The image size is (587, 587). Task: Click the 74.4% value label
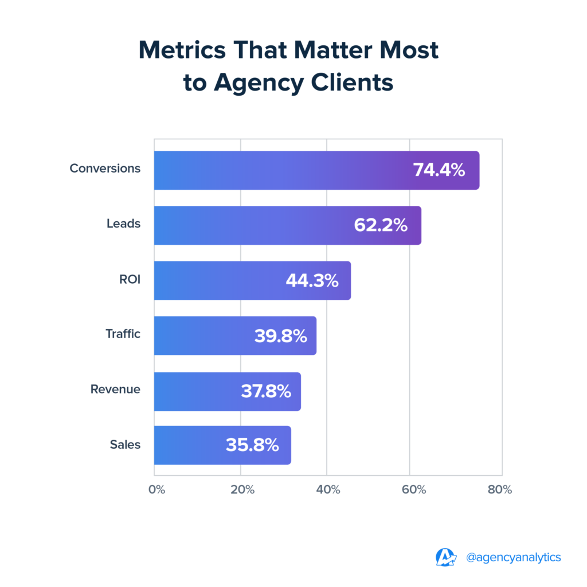tap(439, 170)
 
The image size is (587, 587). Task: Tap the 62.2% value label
tap(381, 225)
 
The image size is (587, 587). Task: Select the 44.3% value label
tap(312, 281)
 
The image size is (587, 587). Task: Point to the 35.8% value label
tap(252, 445)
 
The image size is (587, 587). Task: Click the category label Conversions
tap(105, 169)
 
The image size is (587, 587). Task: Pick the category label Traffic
tap(123, 334)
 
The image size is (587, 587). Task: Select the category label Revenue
tap(115, 389)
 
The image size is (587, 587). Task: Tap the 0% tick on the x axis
tap(156, 490)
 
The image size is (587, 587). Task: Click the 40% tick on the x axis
tap(328, 490)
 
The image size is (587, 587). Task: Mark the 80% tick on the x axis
tap(500, 490)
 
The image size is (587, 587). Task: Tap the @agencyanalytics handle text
tap(514, 557)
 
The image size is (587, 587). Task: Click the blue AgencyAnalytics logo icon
tap(446, 557)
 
